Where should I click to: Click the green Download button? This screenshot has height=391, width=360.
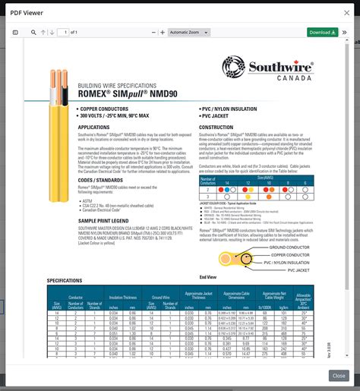(x=323, y=33)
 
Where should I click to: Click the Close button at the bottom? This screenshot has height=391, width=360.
(x=339, y=376)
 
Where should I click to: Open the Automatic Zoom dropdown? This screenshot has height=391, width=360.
(x=188, y=33)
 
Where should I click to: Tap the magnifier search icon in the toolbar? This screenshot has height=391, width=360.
(x=33, y=33)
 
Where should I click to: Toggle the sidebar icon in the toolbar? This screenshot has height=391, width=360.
(x=15, y=33)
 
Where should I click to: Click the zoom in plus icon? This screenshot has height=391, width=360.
(x=163, y=33)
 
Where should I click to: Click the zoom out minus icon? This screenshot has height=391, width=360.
(x=153, y=33)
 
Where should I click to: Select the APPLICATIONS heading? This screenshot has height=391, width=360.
(x=94, y=127)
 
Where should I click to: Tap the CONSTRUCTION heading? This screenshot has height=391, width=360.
(x=216, y=127)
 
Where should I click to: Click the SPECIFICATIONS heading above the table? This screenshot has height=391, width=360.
(x=65, y=280)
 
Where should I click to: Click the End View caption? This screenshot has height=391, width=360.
(x=208, y=276)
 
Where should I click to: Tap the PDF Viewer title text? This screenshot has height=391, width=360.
(x=27, y=10)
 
